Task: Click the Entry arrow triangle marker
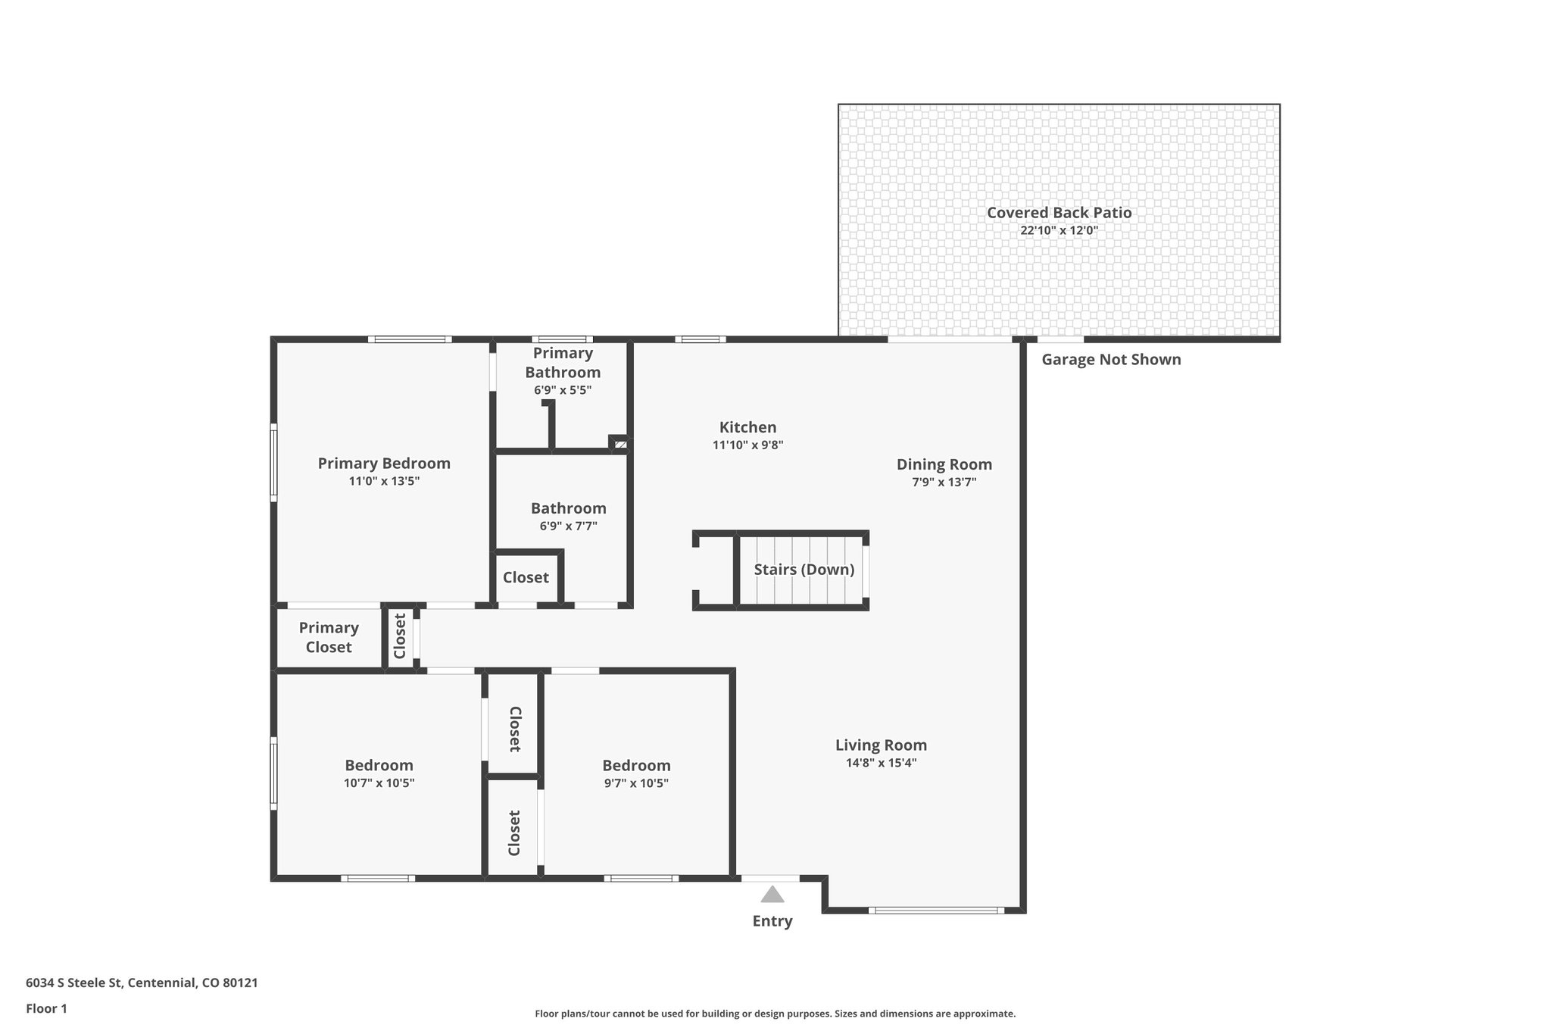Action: point(772,895)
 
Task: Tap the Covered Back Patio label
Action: point(1059,213)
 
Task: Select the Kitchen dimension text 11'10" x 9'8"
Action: point(747,445)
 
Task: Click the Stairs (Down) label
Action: point(804,570)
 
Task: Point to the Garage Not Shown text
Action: point(1111,360)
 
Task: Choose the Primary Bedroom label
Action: point(384,464)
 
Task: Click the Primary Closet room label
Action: point(329,637)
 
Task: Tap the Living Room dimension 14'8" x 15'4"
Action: point(881,763)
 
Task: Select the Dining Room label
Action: point(944,464)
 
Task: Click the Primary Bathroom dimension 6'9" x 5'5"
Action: point(562,391)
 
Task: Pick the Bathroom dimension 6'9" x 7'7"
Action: point(568,526)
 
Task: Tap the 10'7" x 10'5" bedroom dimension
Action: point(379,783)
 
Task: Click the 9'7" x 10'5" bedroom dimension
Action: point(636,783)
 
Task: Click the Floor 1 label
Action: point(46,1009)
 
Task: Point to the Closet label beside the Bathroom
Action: point(526,578)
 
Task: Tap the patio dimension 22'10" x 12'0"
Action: point(1059,230)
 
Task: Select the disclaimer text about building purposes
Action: point(775,1014)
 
